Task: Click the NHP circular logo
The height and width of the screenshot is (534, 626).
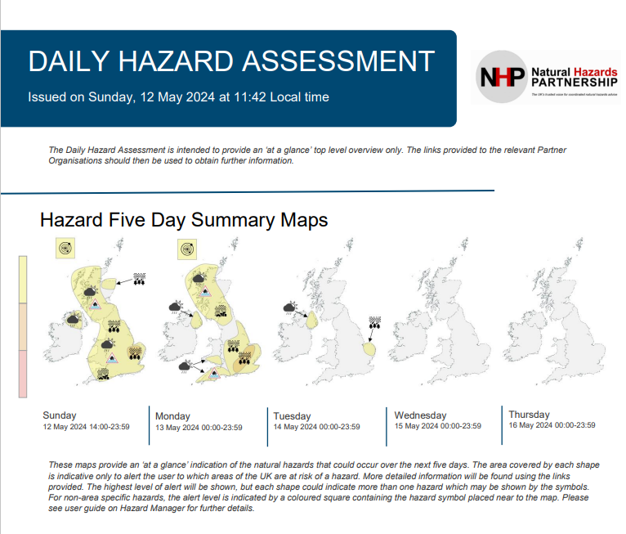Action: click(500, 78)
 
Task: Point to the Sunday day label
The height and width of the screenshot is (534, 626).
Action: click(60, 415)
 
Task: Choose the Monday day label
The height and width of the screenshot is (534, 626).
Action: click(172, 416)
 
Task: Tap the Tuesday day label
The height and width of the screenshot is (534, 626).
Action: click(292, 416)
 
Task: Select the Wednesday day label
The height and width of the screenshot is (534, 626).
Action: click(420, 415)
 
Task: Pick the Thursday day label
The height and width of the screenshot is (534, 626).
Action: click(529, 415)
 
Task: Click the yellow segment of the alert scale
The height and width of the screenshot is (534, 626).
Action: click(24, 279)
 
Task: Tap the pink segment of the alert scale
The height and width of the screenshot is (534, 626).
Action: click(24, 374)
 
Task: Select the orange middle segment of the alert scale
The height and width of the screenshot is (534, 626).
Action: click(24, 327)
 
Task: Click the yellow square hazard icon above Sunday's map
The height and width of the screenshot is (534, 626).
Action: click(66, 248)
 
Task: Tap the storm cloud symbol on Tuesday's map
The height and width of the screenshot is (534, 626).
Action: click(290, 309)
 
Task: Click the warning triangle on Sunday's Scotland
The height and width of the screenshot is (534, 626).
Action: click(96, 304)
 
